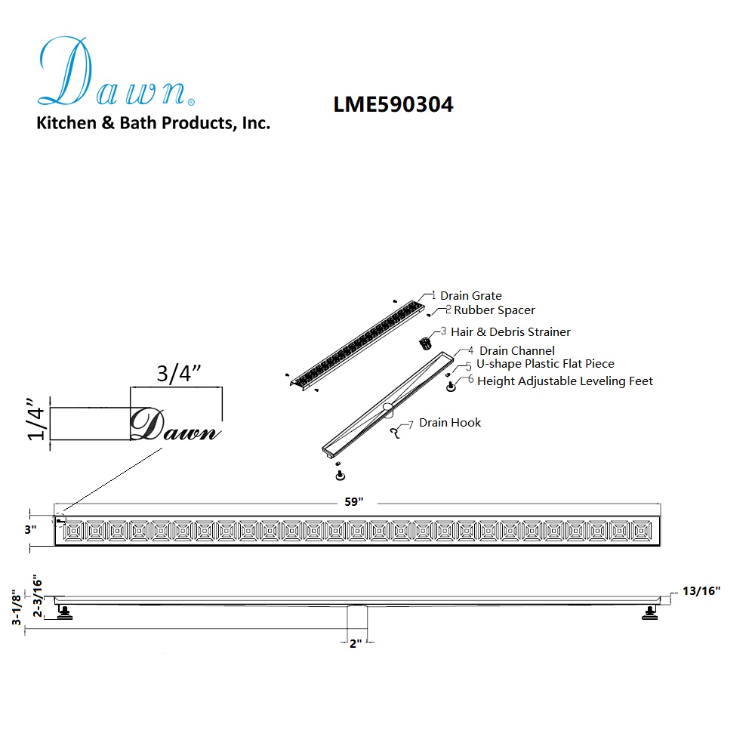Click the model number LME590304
tap(393, 104)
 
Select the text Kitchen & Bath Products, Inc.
tap(153, 123)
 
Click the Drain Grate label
tap(471, 296)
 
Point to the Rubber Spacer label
tap(494, 310)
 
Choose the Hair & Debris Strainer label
tap(510, 331)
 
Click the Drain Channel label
tap(517, 350)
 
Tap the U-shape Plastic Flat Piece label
tap(545, 364)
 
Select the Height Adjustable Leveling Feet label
tap(565, 381)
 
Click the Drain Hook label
tap(450, 423)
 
